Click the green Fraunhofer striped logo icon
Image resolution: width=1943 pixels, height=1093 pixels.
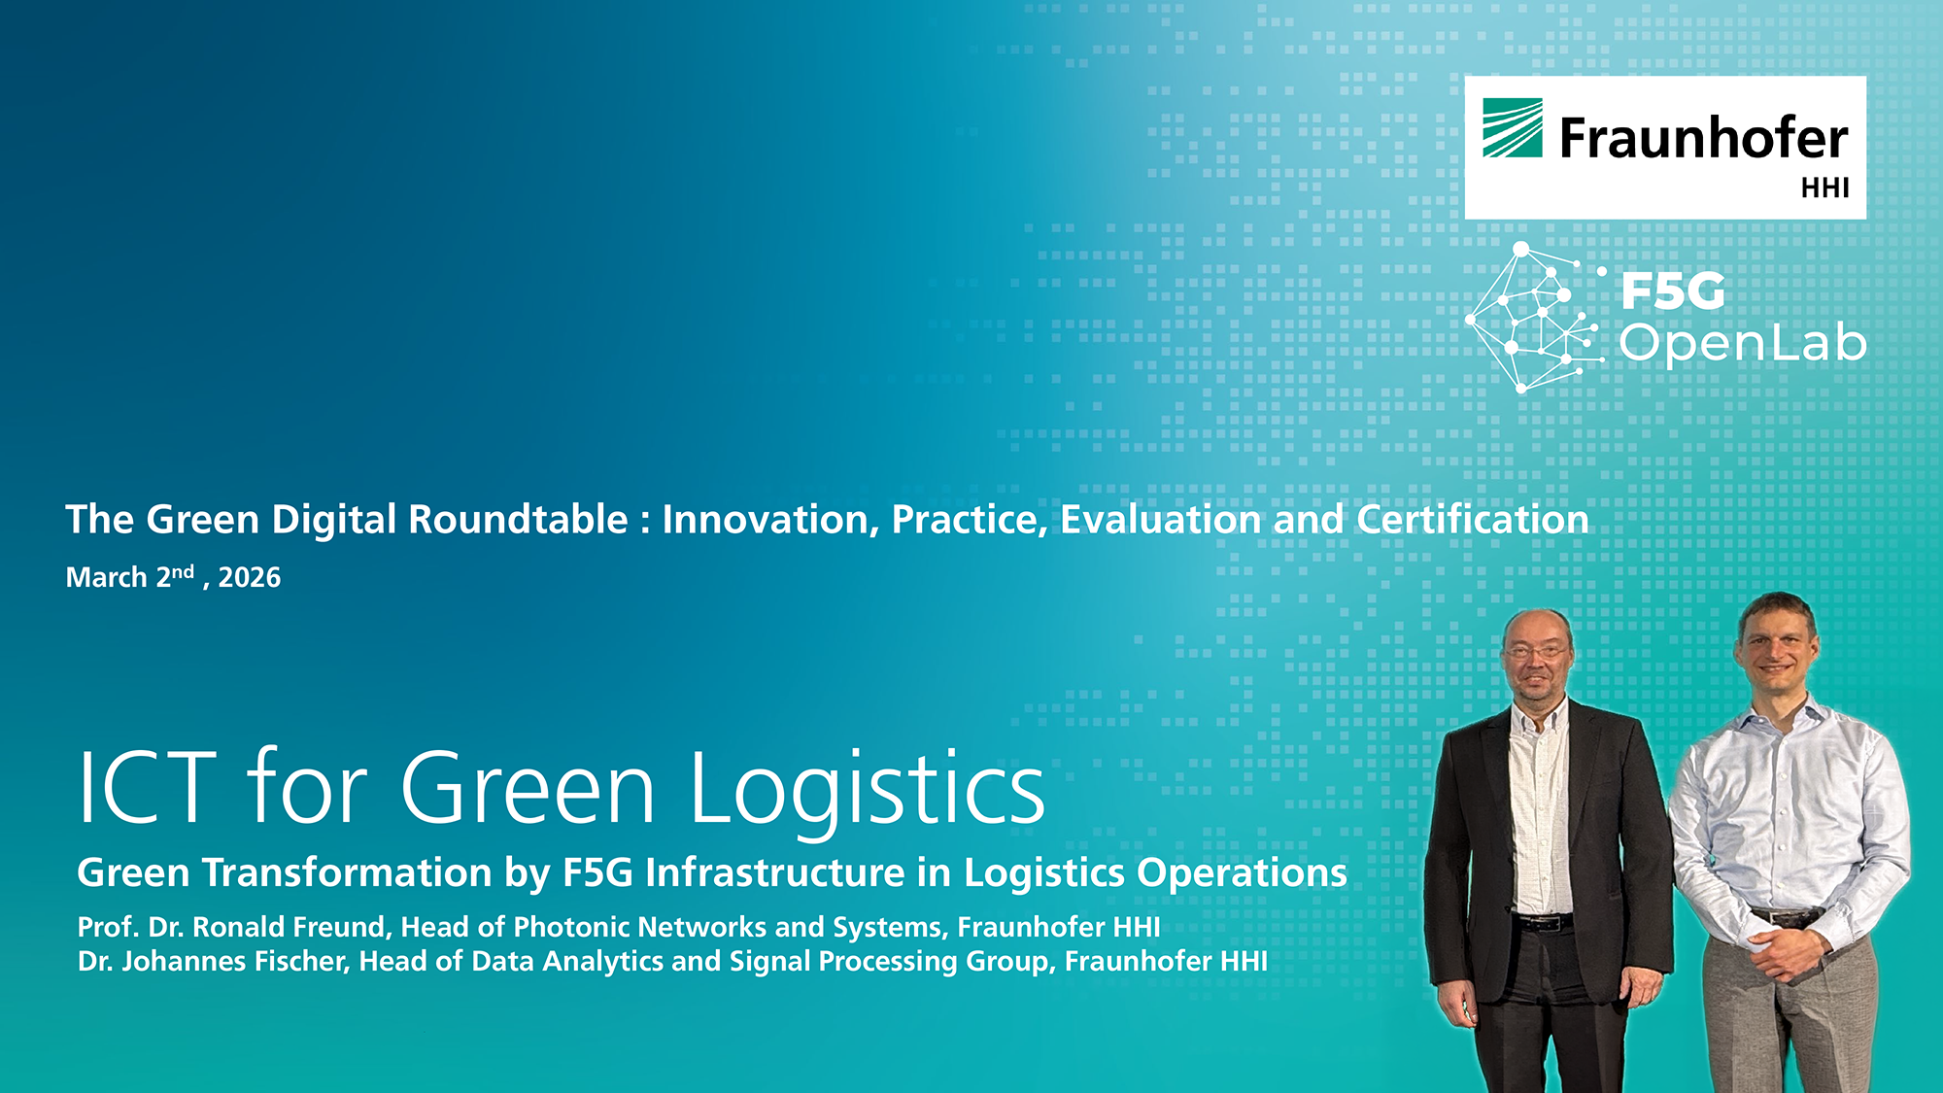point(1512,127)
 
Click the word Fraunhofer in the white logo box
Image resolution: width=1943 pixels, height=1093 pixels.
point(1703,138)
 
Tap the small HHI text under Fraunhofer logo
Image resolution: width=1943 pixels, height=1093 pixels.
point(1824,188)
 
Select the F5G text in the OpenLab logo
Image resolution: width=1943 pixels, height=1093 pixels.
point(1673,291)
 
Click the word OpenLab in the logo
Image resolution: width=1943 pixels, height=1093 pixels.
point(1742,343)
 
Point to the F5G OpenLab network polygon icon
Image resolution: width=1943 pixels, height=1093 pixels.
point(1533,317)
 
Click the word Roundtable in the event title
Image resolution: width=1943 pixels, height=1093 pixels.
point(518,520)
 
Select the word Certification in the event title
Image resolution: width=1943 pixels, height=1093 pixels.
point(1473,520)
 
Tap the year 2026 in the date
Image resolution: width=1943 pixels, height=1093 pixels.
point(250,578)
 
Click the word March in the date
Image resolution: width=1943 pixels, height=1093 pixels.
point(106,578)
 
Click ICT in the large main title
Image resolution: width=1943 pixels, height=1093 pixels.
point(146,787)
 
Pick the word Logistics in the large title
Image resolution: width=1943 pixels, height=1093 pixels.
point(867,792)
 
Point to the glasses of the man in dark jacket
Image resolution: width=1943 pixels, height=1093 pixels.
point(1537,650)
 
